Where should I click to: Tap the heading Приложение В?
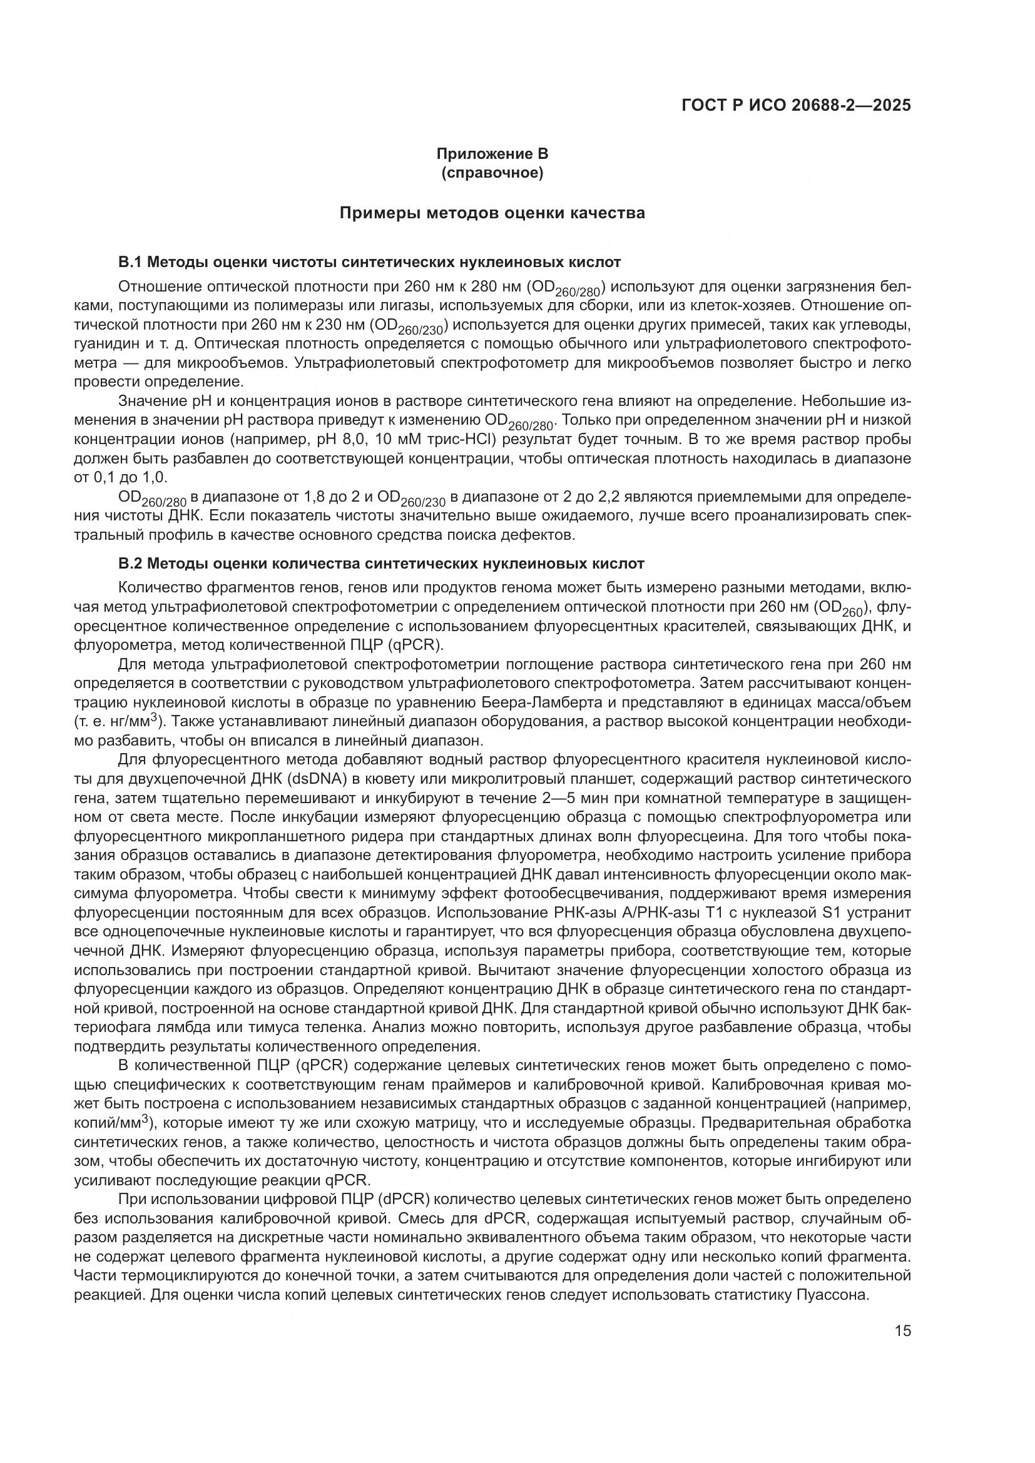(x=491, y=154)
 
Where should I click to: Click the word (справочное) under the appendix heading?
(x=491, y=173)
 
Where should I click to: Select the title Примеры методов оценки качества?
(x=491, y=213)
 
